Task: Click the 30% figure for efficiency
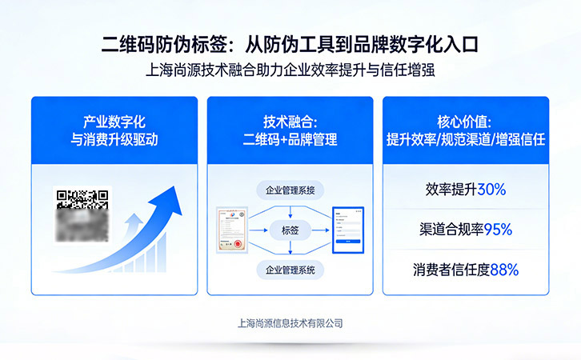coord(491,190)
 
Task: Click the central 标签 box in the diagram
coord(290,230)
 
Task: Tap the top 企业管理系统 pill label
coord(290,190)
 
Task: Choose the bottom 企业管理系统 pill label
coord(290,270)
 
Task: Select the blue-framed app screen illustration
coord(347,230)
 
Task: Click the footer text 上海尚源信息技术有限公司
coord(290,323)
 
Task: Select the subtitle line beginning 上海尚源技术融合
coord(290,70)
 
